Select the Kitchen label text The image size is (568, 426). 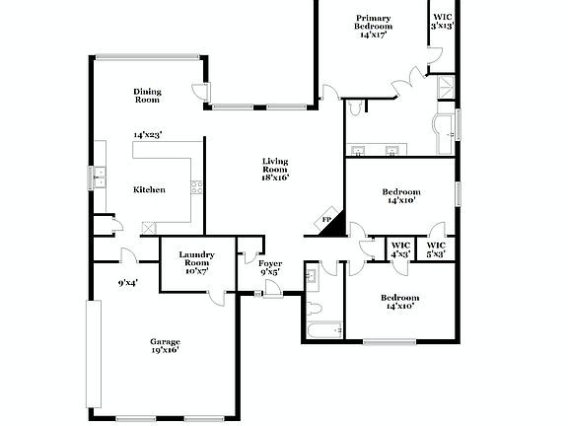tap(149, 189)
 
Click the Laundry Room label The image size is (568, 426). tap(196, 259)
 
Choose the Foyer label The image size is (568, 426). tap(270, 263)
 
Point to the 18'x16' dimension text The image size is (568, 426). tap(275, 178)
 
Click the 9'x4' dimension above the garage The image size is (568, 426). tap(127, 283)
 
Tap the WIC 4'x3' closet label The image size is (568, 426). tap(400, 249)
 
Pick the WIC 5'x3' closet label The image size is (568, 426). tap(436, 249)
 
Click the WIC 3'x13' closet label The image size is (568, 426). tap(443, 21)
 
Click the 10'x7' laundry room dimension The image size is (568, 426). tap(196, 271)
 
